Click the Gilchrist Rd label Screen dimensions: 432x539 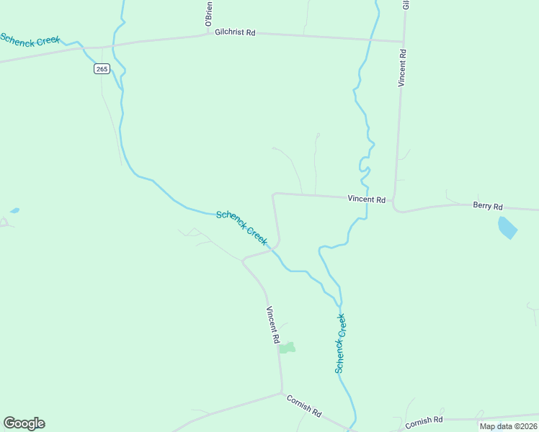point(235,32)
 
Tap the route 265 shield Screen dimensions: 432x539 point(102,68)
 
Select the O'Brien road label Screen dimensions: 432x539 point(208,15)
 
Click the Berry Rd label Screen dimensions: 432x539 point(487,206)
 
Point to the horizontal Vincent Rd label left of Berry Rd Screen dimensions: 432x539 point(366,199)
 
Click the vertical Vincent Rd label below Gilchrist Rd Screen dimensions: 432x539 point(403,68)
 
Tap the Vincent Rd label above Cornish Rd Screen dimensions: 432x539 point(272,324)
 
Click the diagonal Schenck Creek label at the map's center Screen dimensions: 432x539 point(241,227)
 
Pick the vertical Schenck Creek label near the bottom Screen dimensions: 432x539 point(340,343)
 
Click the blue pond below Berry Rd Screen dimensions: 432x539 point(507,228)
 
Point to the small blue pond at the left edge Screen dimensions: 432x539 point(14,211)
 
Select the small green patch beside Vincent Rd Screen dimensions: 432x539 point(288,348)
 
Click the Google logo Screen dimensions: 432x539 point(24,423)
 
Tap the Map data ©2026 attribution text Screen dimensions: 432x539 point(507,426)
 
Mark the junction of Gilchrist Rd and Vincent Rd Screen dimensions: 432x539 point(404,42)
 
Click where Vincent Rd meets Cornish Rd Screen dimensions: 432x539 point(282,393)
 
